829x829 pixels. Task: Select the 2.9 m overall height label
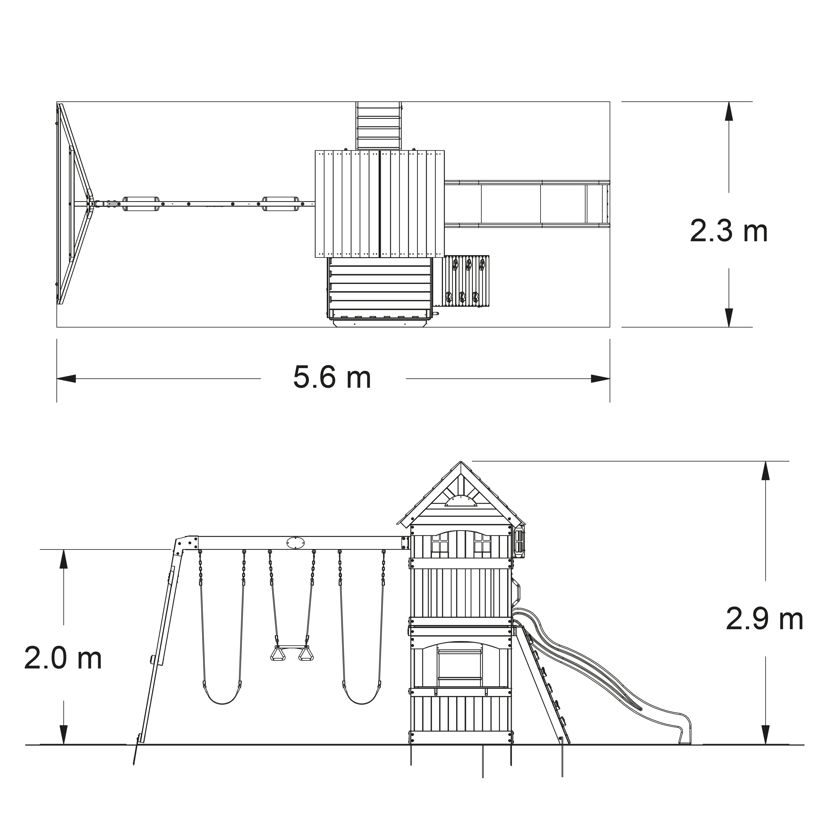coord(764,620)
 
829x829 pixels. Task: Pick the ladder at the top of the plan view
coord(379,126)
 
